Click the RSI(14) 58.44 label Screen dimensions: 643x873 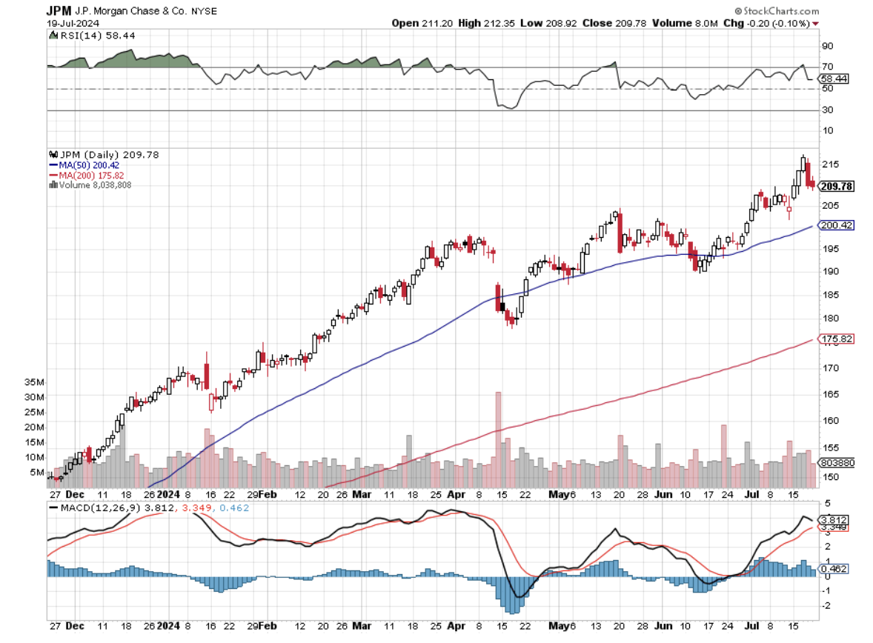click(82, 35)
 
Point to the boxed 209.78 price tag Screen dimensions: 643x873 click(834, 186)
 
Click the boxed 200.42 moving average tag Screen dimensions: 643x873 click(834, 224)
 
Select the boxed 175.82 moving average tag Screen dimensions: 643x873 click(834, 340)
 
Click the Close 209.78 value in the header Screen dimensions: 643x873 click(614, 23)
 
